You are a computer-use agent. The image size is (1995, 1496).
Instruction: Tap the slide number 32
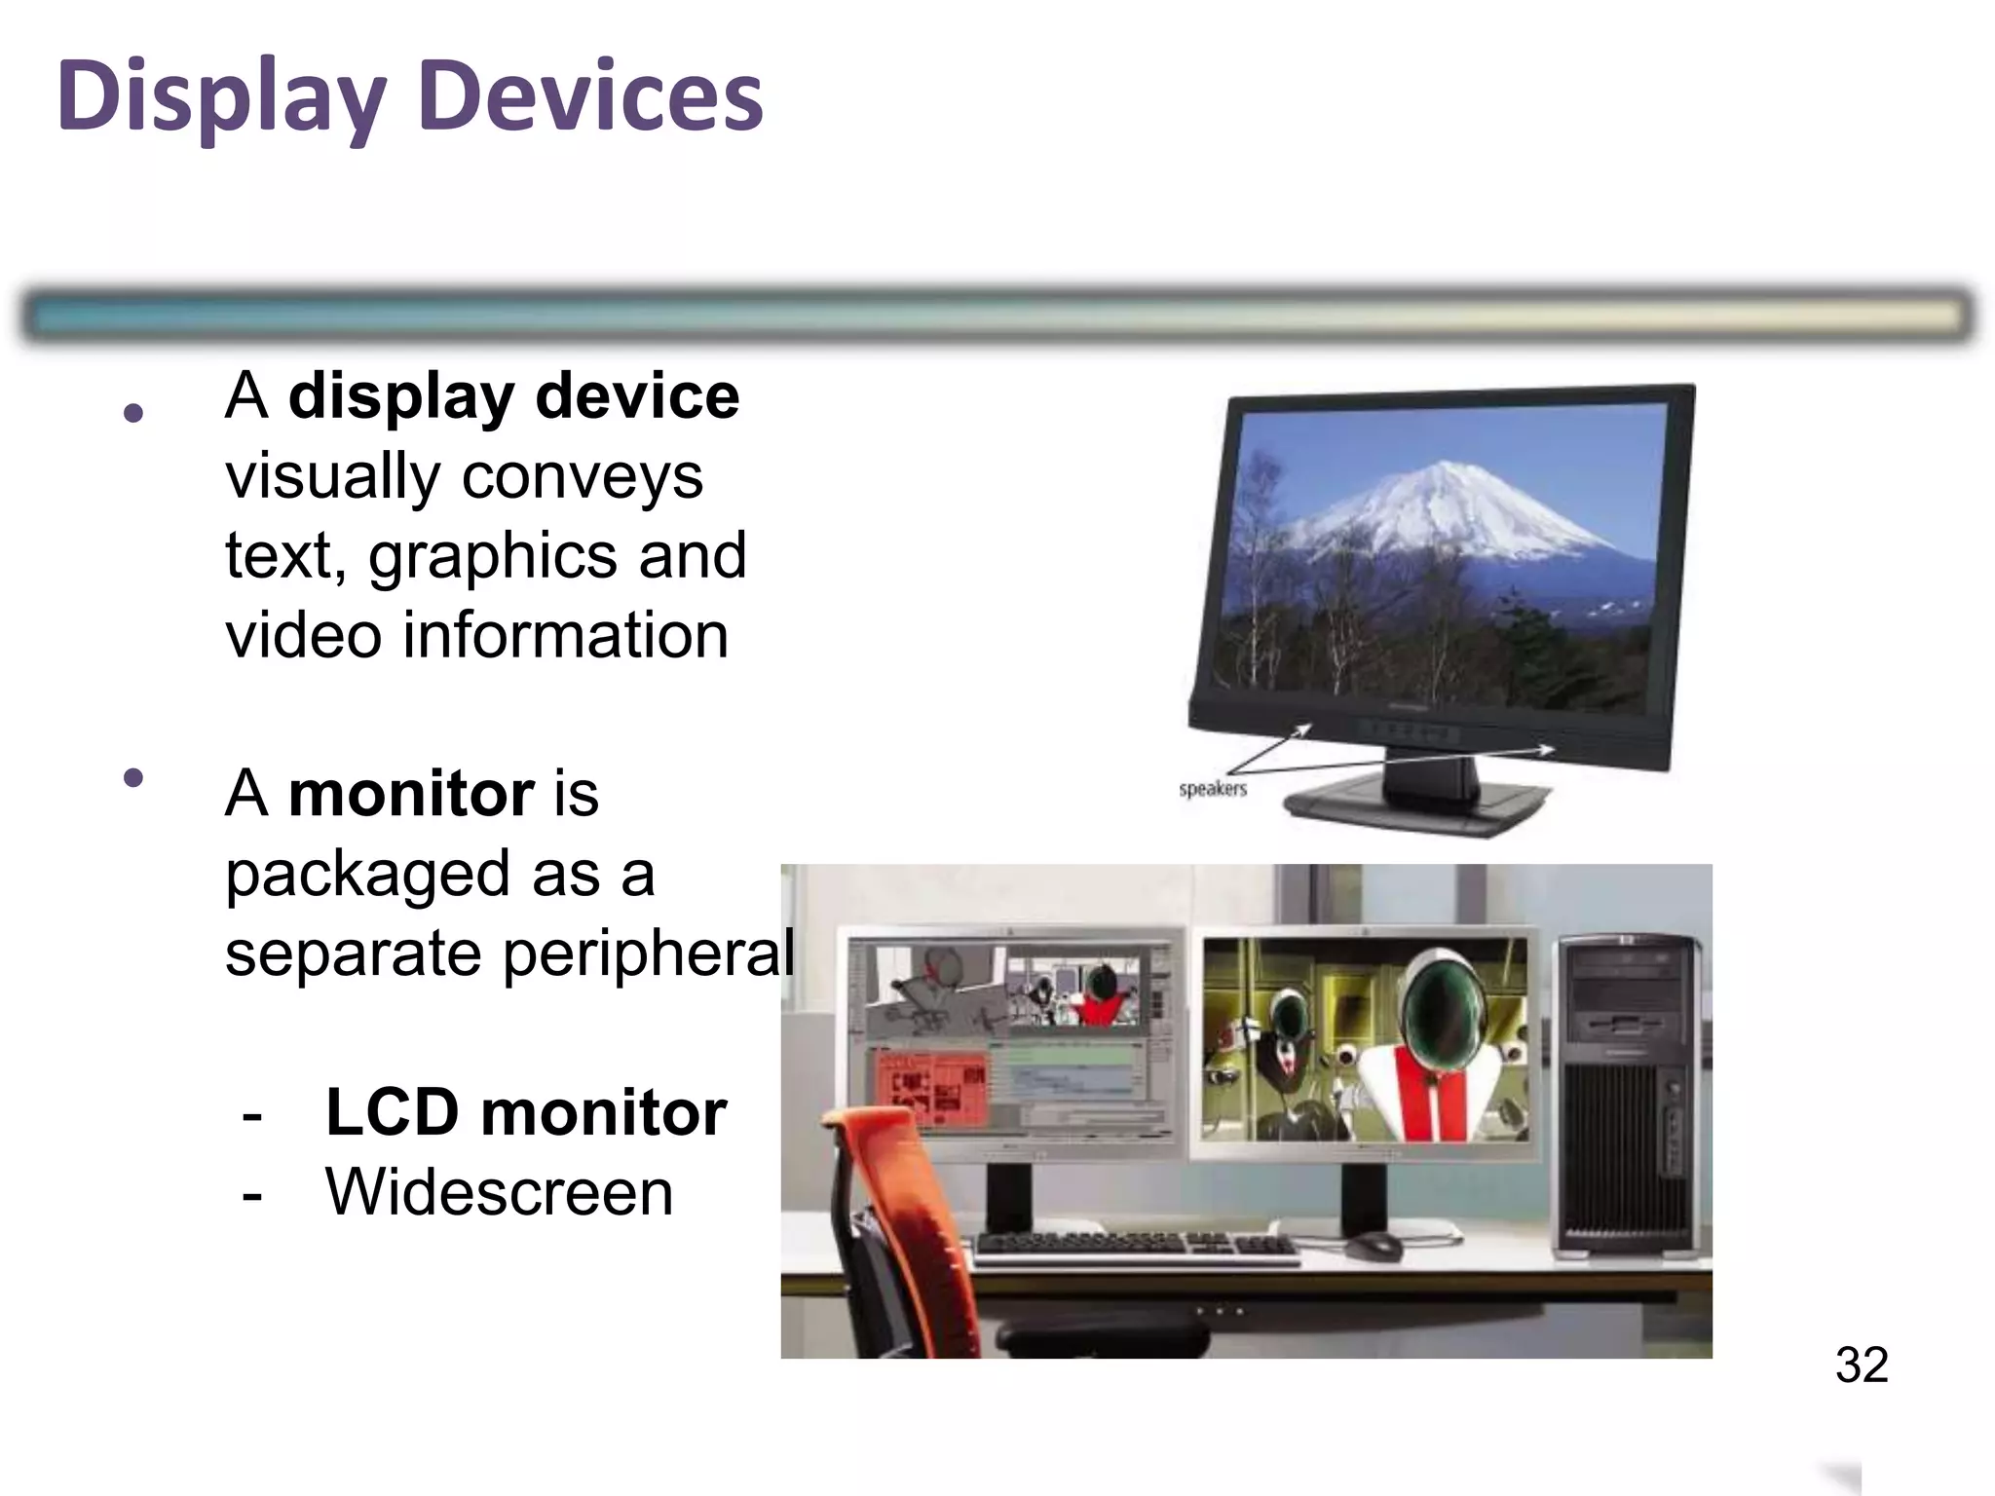[1862, 1365]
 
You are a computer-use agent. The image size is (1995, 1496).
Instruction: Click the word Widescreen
[499, 1192]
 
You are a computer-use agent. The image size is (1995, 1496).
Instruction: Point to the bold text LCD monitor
[525, 1112]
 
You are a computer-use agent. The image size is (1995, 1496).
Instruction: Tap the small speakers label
[1212, 789]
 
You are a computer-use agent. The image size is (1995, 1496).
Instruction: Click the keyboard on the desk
[1135, 1246]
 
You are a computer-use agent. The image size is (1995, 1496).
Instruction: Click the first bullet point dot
[134, 413]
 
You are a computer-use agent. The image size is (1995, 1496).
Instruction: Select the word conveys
[582, 476]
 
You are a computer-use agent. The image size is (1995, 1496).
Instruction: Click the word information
[565, 636]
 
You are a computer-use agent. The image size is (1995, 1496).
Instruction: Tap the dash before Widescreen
[252, 1194]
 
